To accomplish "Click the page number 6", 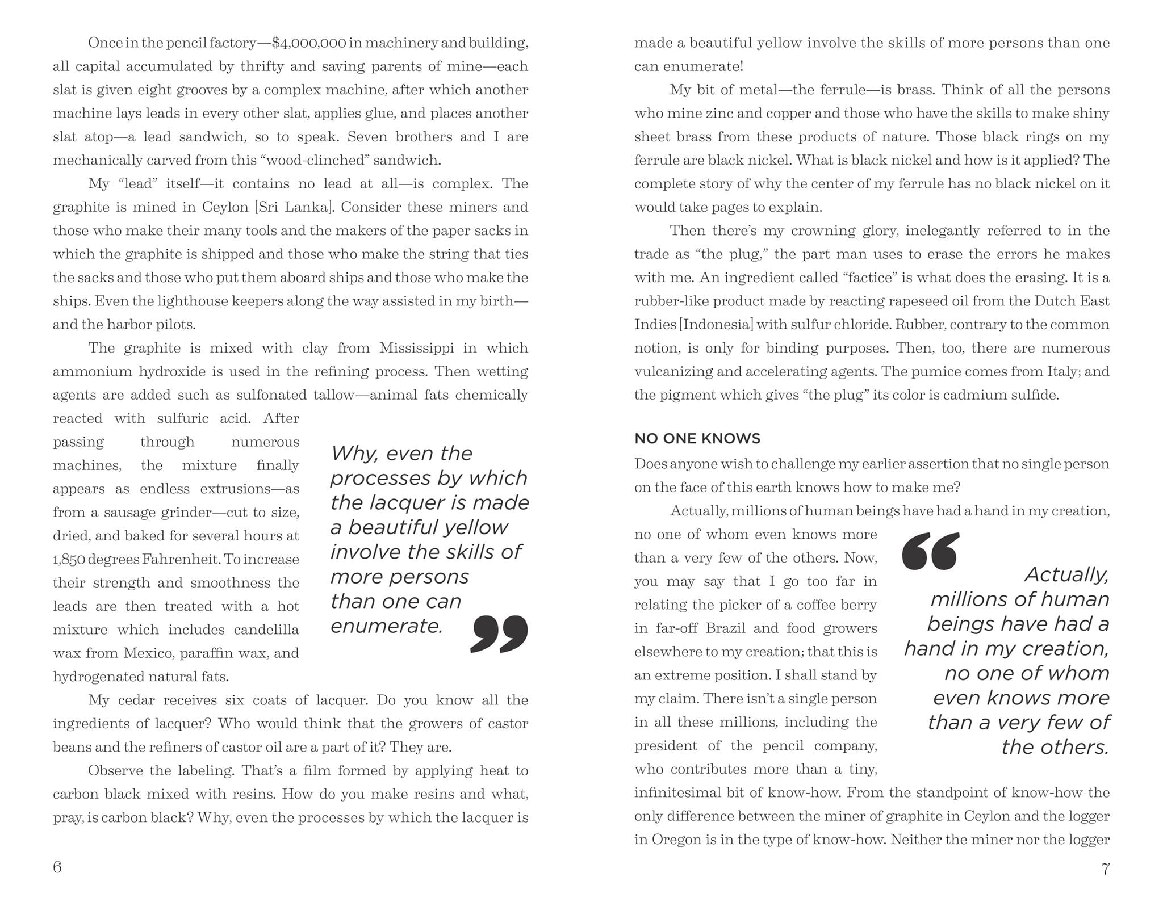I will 57,867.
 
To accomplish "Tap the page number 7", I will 1105,868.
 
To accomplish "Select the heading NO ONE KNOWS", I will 697,438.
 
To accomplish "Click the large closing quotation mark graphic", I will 499,633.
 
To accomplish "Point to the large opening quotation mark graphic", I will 930,551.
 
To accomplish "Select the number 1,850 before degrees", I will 68,560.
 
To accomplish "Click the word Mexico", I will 148,653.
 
